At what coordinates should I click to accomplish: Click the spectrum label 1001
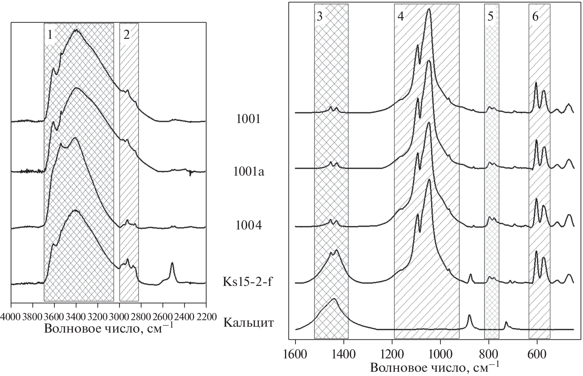click(248, 119)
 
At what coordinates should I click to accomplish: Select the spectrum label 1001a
click(248, 171)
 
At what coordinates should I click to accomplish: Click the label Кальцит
click(248, 323)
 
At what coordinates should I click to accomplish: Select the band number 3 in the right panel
click(320, 17)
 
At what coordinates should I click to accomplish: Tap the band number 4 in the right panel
click(401, 17)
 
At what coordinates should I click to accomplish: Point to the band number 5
click(491, 17)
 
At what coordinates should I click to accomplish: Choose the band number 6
click(535, 17)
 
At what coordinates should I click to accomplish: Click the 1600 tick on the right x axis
click(295, 354)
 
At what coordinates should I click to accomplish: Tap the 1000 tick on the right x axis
click(441, 354)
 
